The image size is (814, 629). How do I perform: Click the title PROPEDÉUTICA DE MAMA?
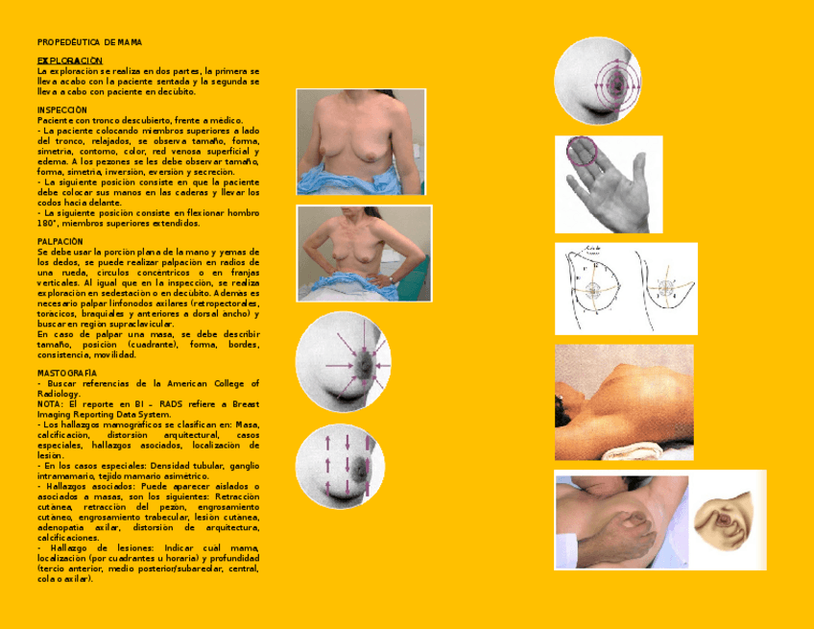pyautogui.click(x=90, y=42)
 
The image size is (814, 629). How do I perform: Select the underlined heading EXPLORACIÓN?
pyautogui.click(x=70, y=60)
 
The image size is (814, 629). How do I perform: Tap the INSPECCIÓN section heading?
pyautogui.click(x=62, y=109)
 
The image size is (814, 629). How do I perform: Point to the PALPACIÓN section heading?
pyautogui.click(x=60, y=241)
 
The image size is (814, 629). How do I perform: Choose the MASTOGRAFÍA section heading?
pyautogui.click(x=67, y=372)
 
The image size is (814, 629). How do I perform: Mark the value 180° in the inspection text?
pyautogui.click(x=49, y=223)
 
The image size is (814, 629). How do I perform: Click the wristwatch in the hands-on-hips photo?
pyautogui.click(x=391, y=278)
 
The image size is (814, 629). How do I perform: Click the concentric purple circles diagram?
pyautogui.click(x=598, y=81)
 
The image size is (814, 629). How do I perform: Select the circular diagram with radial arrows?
pyautogui.click(x=343, y=363)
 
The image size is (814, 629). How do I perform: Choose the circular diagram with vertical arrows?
pyautogui.click(x=343, y=466)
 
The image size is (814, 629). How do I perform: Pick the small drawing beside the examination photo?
pyautogui.click(x=728, y=523)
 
